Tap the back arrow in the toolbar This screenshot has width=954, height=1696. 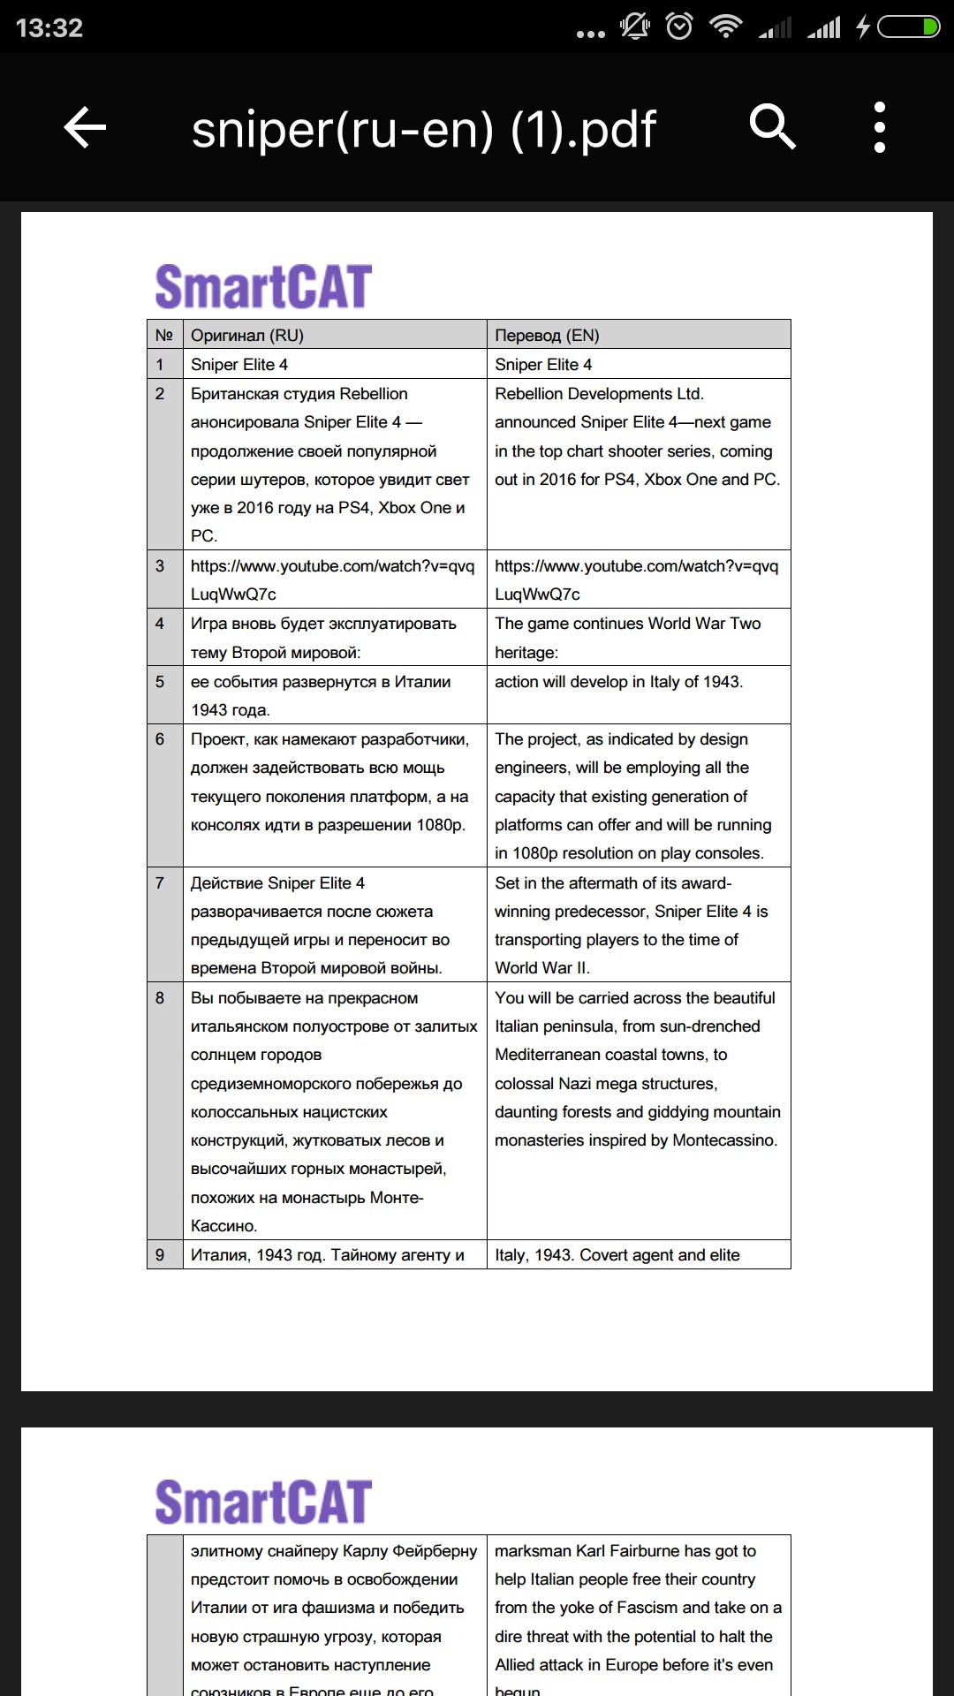pyautogui.click(x=85, y=128)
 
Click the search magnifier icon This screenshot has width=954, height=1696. pyautogui.click(x=773, y=126)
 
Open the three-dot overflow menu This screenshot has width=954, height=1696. pyautogui.click(x=879, y=127)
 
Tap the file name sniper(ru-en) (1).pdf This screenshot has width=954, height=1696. pyautogui.click(x=423, y=129)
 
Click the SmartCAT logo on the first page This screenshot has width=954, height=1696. pyautogui.click(x=263, y=287)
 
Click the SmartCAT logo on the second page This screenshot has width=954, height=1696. pyautogui.click(x=263, y=1503)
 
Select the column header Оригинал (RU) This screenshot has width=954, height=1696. pyautogui.click(x=247, y=336)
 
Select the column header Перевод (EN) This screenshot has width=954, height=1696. pyautogui.click(x=547, y=336)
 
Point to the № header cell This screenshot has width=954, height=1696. pyautogui.click(x=164, y=336)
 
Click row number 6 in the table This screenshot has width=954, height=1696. pyautogui.click(x=160, y=739)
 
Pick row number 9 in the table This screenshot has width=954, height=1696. pyautogui.click(x=160, y=1255)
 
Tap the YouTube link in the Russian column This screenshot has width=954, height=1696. pyautogui.click(x=332, y=579)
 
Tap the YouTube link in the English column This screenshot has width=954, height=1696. pyautogui.click(x=636, y=579)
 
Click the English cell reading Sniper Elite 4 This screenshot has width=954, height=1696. pyautogui.click(x=543, y=365)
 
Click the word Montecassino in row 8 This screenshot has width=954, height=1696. pyautogui.click(x=724, y=1140)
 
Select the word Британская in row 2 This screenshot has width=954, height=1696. pyautogui.click(x=231, y=394)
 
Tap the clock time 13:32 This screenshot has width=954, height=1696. pyautogui.click(x=49, y=28)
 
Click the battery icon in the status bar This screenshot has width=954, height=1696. pyautogui.click(x=907, y=28)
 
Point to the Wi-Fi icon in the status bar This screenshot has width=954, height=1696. pyautogui.click(x=726, y=26)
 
